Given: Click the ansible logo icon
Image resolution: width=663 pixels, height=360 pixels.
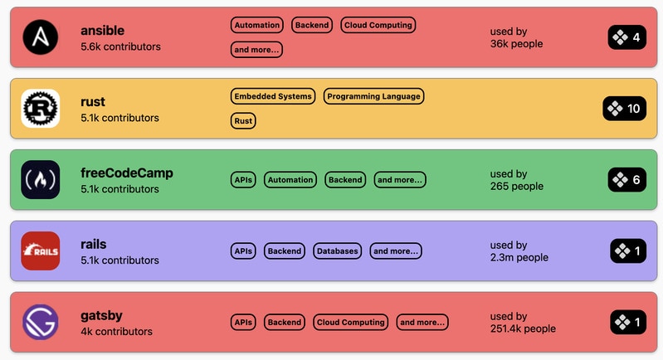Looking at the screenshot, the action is [41, 37].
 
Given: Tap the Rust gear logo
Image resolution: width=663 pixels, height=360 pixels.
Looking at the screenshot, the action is [41, 108].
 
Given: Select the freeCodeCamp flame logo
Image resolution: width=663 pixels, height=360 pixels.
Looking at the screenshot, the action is [41, 179].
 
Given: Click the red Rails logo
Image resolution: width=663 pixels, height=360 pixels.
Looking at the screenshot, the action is [41, 251].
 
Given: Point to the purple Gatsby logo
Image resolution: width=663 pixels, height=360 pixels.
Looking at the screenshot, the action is [41, 322].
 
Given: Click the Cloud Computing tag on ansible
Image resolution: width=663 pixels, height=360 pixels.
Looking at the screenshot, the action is [378, 25].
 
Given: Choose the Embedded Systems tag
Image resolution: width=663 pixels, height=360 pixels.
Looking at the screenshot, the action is [273, 96].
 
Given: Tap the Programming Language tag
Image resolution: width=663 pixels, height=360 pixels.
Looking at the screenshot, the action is [373, 96].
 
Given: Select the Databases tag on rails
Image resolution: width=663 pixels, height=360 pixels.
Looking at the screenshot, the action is [338, 251].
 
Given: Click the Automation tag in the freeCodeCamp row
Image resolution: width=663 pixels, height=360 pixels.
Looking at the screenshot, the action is [290, 179].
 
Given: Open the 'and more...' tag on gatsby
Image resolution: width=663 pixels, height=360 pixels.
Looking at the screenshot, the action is [422, 322].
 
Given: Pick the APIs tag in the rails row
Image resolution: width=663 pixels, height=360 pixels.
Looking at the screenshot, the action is [243, 251].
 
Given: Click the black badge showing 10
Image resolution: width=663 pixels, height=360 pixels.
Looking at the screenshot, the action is [625, 109].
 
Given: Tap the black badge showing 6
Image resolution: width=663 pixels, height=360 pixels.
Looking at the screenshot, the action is [627, 179].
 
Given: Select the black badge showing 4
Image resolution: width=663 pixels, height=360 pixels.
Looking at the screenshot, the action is [627, 37].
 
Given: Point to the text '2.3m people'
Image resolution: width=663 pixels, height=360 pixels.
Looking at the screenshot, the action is [519, 257].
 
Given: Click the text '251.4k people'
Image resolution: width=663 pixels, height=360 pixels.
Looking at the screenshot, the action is [523, 328].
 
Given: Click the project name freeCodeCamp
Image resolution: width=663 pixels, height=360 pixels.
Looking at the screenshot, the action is [127, 173].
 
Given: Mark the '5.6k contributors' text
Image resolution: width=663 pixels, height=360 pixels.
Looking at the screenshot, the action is [120, 46].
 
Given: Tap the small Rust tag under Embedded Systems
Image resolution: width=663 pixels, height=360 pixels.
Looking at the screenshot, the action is [243, 121].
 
